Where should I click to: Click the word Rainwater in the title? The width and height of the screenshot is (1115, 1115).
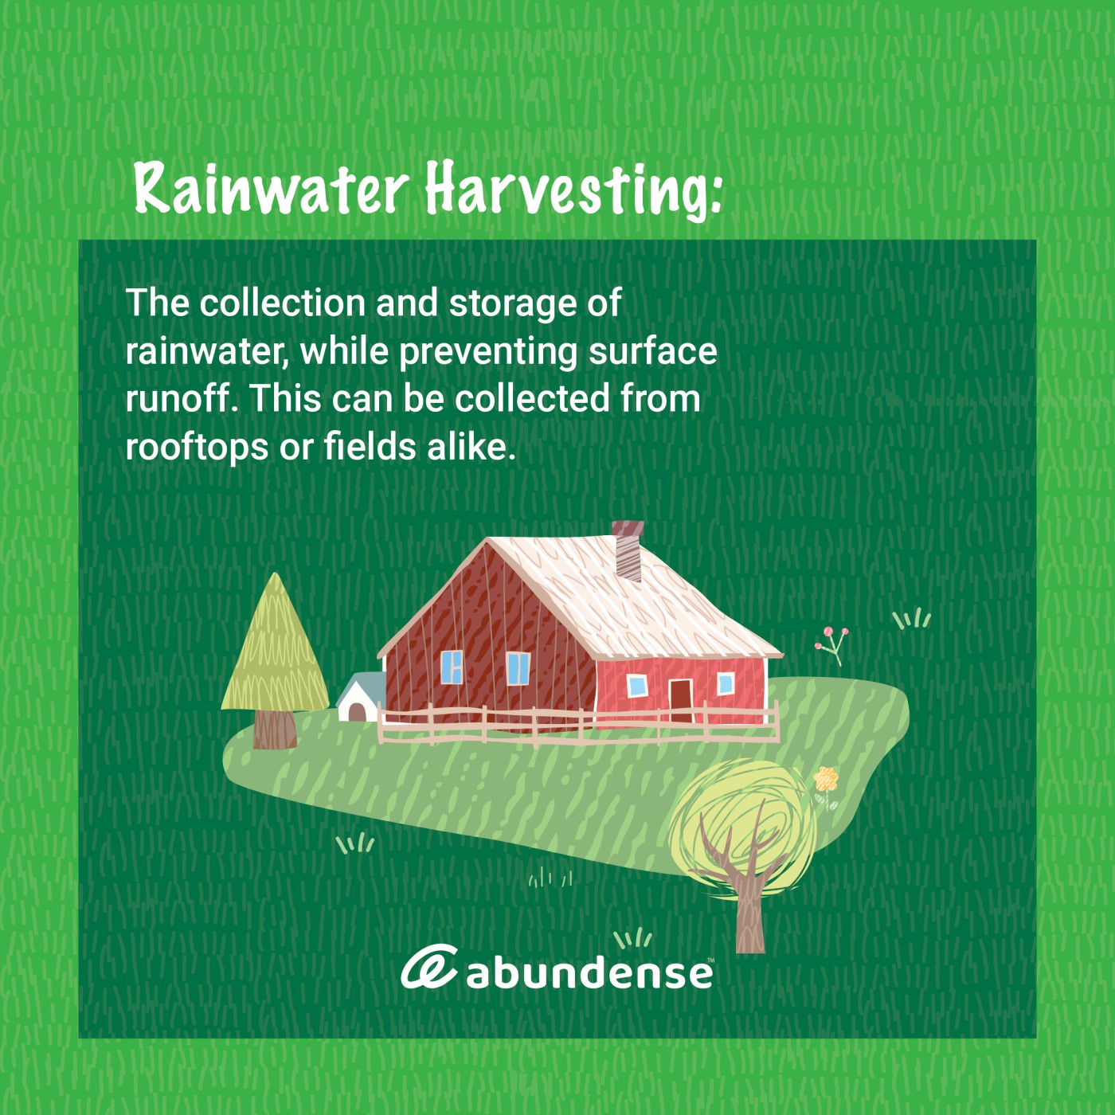pos(271,188)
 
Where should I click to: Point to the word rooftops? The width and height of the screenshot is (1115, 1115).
pos(198,448)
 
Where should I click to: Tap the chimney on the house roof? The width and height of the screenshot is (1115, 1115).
pos(628,550)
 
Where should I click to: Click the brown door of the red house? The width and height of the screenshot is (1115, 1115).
pos(680,700)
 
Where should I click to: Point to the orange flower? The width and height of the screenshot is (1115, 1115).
pos(826,779)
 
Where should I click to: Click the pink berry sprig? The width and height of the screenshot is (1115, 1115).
pos(832,645)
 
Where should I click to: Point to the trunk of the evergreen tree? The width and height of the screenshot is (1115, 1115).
pos(275,729)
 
